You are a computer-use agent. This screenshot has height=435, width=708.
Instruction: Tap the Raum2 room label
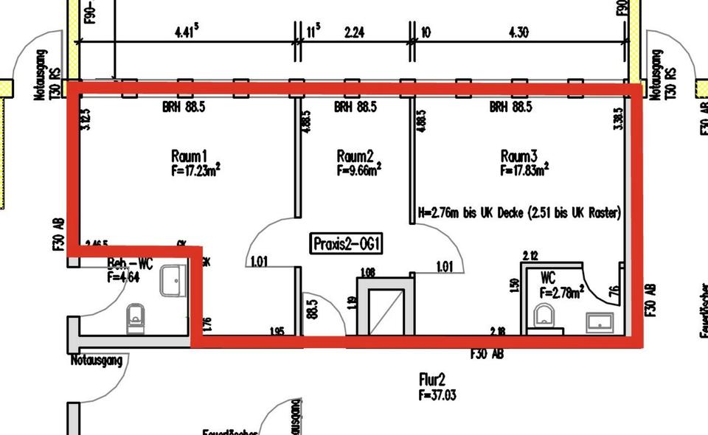click(355, 156)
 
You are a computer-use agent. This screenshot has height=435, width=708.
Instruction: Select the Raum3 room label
click(519, 156)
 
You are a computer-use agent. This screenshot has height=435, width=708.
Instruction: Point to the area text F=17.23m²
click(195, 170)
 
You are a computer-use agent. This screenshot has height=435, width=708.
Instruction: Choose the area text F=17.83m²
click(524, 170)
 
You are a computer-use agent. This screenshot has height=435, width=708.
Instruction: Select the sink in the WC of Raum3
click(599, 322)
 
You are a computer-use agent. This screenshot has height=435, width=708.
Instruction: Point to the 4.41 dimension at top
click(187, 32)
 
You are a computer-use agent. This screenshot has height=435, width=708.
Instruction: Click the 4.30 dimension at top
click(518, 32)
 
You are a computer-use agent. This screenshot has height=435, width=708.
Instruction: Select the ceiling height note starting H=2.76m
click(519, 213)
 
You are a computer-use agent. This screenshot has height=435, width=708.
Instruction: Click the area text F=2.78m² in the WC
click(562, 293)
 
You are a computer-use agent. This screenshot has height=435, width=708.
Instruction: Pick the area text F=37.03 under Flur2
click(437, 395)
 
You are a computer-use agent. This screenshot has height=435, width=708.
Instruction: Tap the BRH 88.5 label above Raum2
click(355, 107)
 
